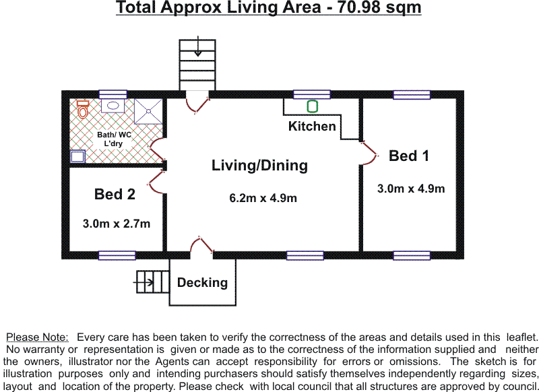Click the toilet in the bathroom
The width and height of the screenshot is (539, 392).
(82, 109)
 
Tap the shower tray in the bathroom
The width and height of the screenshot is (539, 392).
(148, 111)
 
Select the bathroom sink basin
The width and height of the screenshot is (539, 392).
(113, 106)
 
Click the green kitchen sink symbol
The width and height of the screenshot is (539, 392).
(312, 106)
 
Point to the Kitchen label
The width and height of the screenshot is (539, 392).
(312, 126)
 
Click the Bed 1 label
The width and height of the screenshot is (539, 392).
(409, 156)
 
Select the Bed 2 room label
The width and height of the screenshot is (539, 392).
(115, 194)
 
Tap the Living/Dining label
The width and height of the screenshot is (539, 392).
(259, 166)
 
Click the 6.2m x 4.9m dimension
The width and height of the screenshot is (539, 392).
(263, 198)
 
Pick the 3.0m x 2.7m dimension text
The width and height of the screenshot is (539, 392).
(117, 224)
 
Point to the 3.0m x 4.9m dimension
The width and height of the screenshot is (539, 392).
(411, 189)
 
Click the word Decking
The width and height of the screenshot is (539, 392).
(203, 283)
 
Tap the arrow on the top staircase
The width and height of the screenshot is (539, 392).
(197, 46)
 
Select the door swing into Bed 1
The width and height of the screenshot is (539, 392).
(370, 154)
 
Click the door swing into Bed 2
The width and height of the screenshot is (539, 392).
(156, 181)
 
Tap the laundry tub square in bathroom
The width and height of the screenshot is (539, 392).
(77, 156)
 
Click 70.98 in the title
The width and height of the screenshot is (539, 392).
(358, 7)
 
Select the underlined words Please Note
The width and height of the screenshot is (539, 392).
(38, 337)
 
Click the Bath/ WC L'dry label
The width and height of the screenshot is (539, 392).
(114, 139)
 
